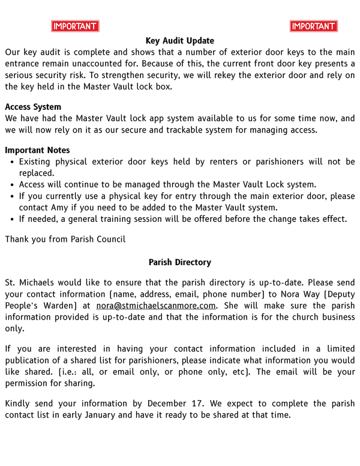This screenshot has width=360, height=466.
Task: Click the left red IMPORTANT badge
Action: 75,26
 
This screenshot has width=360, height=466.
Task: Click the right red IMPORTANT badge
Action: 313,26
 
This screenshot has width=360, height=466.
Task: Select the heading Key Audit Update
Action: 179,41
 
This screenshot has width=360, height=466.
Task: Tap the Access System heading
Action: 33,107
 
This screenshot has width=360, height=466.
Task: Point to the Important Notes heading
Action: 37,150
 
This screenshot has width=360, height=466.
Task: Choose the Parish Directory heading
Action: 179,262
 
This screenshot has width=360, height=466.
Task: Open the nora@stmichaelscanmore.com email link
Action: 156,305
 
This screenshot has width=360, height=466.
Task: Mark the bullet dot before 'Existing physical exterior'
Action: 12,162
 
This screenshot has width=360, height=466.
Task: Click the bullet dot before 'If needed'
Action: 12,219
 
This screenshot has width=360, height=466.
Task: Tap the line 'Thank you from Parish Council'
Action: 65,239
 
